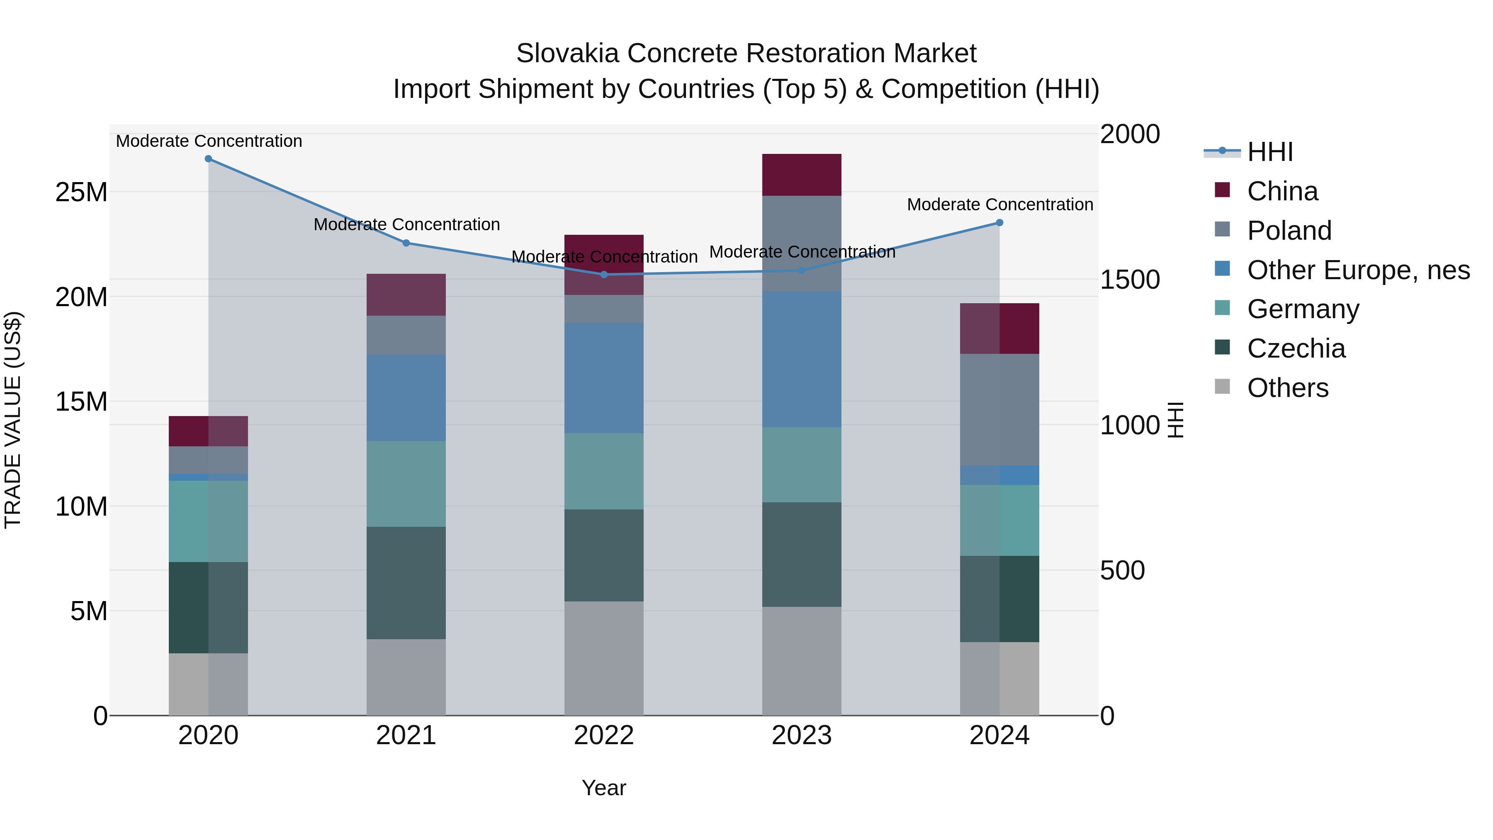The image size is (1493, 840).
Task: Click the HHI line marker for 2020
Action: tap(208, 159)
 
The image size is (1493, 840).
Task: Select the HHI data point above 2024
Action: tap(999, 223)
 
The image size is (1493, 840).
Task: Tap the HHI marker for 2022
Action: tap(604, 275)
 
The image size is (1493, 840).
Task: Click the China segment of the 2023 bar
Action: tap(802, 175)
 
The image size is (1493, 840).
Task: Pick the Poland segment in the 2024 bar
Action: tap(999, 409)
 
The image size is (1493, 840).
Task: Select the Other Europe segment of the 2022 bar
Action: tap(604, 378)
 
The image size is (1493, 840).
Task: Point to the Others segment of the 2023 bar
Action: tap(802, 661)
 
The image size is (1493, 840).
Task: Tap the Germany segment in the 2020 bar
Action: tap(208, 521)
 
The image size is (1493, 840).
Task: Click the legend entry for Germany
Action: tap(1303, 309)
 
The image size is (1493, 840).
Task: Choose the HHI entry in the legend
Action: tap(1269, 152)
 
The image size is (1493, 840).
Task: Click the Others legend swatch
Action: tap(1222, 387)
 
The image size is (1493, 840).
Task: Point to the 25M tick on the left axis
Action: tap(81, 192)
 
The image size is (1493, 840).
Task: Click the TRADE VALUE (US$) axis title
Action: tap(13, 420)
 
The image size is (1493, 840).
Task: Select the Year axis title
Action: tap(603, 788)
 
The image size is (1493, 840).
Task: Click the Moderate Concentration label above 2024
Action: tap(999, 205)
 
